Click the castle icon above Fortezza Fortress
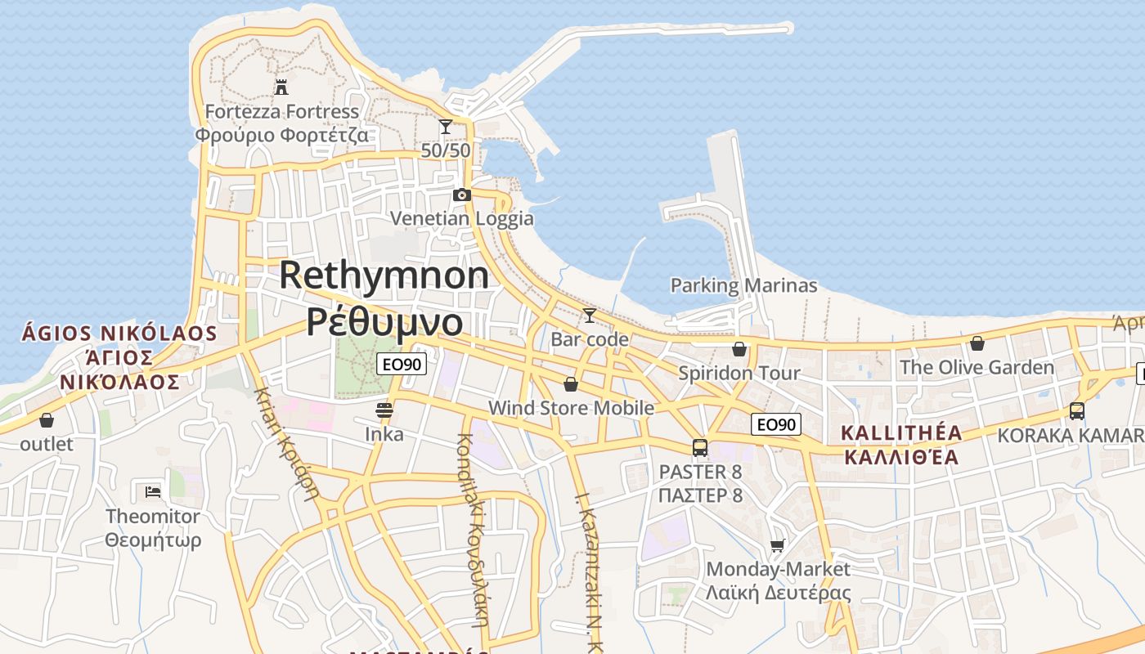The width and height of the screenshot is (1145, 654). coord(281,87)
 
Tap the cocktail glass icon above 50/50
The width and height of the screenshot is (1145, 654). coord(446,127)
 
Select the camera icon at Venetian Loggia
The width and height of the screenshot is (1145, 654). coord(462,195)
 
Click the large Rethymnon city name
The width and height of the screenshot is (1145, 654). coord(384,275)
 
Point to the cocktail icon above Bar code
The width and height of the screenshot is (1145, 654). coord(589,315)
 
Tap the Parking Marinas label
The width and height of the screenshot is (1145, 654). coord(743,285)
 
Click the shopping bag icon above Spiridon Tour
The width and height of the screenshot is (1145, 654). coord(739,349)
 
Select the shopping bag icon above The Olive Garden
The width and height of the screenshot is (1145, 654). coord(977,343)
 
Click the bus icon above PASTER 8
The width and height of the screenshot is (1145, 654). coord(700,447)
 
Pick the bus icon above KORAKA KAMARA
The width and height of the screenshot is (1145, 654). coord(1077,411)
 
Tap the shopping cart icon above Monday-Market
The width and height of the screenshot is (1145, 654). coord(777,545)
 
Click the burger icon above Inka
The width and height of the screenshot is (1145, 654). coord(384,410)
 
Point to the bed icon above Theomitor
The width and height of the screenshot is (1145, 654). coord(153,491)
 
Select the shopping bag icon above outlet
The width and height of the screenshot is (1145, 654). coord(47,420)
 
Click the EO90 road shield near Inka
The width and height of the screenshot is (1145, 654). coord(402,364)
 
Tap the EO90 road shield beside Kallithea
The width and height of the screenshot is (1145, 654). coord(776,424)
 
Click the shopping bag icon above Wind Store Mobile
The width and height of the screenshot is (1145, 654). coord(571,383)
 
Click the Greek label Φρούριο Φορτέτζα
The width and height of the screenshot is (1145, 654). coord(281,134)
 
